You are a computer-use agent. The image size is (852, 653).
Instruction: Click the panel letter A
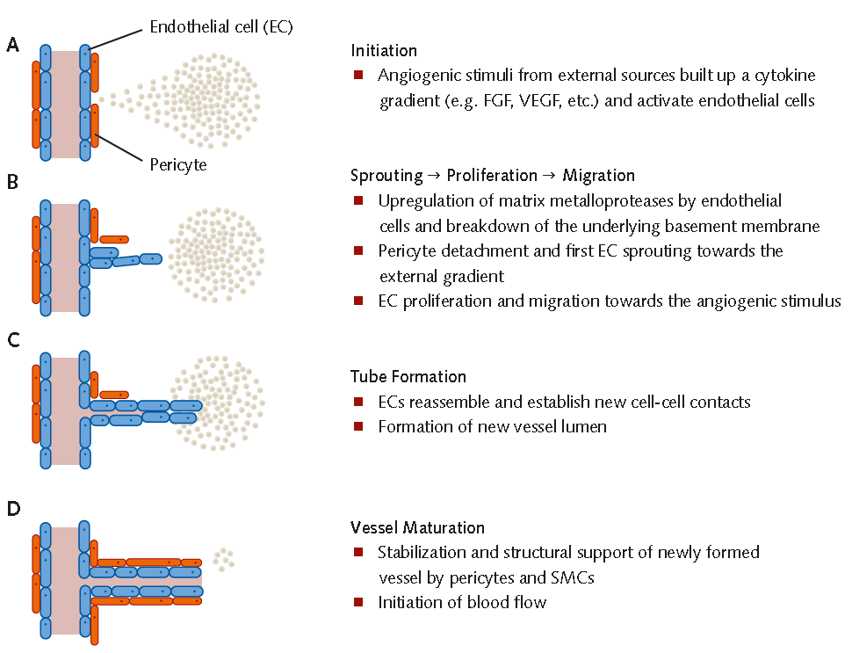(12, 45)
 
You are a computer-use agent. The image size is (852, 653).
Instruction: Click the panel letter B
(12, 184)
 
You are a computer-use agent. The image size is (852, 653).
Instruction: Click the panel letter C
(12, 342)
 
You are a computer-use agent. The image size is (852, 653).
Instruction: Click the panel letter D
(13, 509)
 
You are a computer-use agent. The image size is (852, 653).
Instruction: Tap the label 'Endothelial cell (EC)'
(220, 28)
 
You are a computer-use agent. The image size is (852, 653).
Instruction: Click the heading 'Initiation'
(384, 51)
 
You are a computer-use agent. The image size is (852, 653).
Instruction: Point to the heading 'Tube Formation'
(408, 377)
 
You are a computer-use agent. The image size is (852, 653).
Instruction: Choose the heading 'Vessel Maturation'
(417, 528)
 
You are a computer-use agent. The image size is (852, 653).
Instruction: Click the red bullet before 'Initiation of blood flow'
(358, 602)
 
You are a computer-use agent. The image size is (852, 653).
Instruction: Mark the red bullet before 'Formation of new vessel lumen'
(358, 426)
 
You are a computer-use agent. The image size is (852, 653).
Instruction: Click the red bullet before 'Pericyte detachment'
(358, 250)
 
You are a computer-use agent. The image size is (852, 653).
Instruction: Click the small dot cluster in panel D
(223, 557)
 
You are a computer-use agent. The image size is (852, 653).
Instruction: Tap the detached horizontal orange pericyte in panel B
(115, 239)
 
